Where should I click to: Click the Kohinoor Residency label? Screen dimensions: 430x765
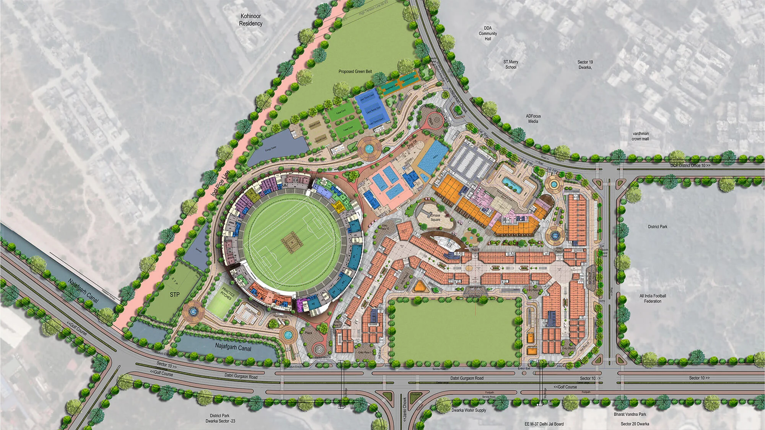tap(251, 20)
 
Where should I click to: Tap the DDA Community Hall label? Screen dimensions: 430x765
tap(488, 33)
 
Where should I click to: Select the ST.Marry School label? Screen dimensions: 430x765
tap(511, 64)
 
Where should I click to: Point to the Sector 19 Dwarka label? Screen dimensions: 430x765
tap(585, 65)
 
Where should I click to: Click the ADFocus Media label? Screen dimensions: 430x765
tap(533, 118)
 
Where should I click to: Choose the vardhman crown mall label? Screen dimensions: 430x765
tap(640, 136)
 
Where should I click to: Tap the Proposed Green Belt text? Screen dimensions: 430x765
tap(355, 71)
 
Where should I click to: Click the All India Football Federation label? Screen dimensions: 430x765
tap(653, 299)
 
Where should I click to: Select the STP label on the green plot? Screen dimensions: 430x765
tap(174, 295)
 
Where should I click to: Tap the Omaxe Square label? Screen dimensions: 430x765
tap(435, 217)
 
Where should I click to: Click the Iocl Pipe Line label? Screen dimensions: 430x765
tap(220, 183)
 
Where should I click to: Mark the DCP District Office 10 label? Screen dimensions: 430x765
tap(690, 166)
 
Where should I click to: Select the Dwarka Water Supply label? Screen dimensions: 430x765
tap(469, 410)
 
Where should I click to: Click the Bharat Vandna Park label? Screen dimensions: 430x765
tap(630, 414)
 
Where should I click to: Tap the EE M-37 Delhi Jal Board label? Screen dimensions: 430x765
tap(544, 424)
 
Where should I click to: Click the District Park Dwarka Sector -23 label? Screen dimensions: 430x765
tap(220, 418)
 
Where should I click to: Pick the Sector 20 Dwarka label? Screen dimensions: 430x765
tap(635, 424)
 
